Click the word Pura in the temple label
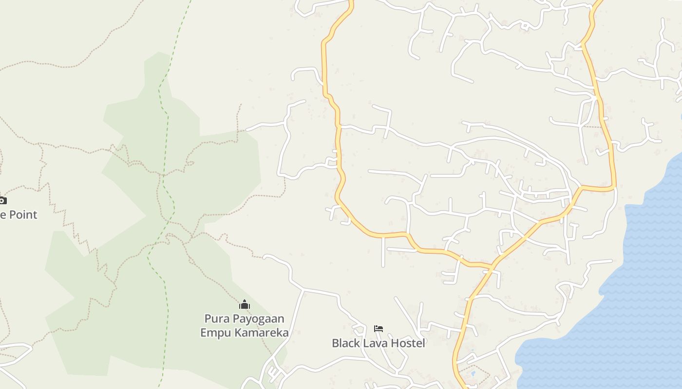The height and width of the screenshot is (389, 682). tap(216, 319)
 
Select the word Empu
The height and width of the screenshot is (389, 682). tap(216, 333)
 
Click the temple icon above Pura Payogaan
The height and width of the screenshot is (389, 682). tap(245, 305)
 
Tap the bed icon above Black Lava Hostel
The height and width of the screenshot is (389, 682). tap(379, 329)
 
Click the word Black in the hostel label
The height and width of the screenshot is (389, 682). tap(346, 343)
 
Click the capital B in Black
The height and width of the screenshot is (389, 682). tap(335, 343)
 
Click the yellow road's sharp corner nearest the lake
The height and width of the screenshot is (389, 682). tap(614, 186)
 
